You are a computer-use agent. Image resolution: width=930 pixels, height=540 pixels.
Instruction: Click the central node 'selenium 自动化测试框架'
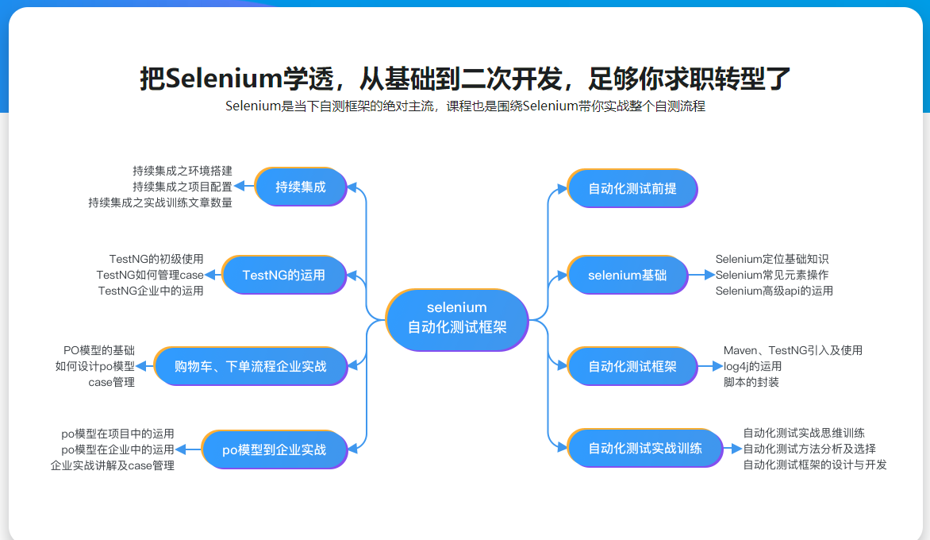[457, 318]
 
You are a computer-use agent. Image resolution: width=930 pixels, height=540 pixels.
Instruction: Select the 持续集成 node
[301, 187]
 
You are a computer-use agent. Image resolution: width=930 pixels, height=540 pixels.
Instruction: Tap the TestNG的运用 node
[284, 275]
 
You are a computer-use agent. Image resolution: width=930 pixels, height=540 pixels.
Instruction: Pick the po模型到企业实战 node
[275, 449]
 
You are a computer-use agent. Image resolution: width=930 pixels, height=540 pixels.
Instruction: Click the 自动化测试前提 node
[632, 189]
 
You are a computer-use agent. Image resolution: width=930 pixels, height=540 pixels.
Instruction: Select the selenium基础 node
[628, 276]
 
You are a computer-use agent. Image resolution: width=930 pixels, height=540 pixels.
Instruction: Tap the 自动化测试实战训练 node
[645, 448]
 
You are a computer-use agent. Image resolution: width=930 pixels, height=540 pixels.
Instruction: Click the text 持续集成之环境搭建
[183, 171]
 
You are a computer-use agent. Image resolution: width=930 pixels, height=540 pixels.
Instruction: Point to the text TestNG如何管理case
[150, 275]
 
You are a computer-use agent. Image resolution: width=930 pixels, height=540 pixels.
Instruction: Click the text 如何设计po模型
[95, 366]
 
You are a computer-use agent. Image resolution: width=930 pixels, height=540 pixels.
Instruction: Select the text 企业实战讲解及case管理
[113, 465]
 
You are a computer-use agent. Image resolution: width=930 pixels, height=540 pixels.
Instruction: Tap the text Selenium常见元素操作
[772, 275]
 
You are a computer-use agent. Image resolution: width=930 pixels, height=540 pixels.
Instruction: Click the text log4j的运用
[752, 366]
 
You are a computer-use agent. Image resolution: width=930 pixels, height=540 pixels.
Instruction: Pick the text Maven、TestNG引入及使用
[793, 350]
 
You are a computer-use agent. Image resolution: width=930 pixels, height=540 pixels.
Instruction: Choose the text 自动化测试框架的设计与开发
[815, 465]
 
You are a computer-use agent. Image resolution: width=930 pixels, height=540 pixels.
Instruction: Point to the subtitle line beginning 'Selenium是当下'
[465, 106]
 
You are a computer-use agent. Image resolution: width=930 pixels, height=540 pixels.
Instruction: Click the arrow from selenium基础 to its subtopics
[701, 275]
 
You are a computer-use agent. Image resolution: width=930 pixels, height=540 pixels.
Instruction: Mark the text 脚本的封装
[751, 382]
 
